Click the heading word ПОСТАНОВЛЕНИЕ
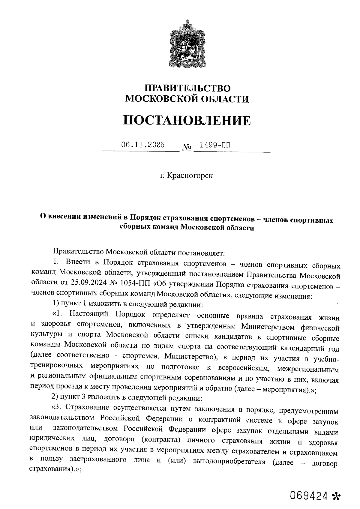tap(187, 121)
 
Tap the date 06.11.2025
tap(143, 145)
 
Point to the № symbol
tap(187, 148)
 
